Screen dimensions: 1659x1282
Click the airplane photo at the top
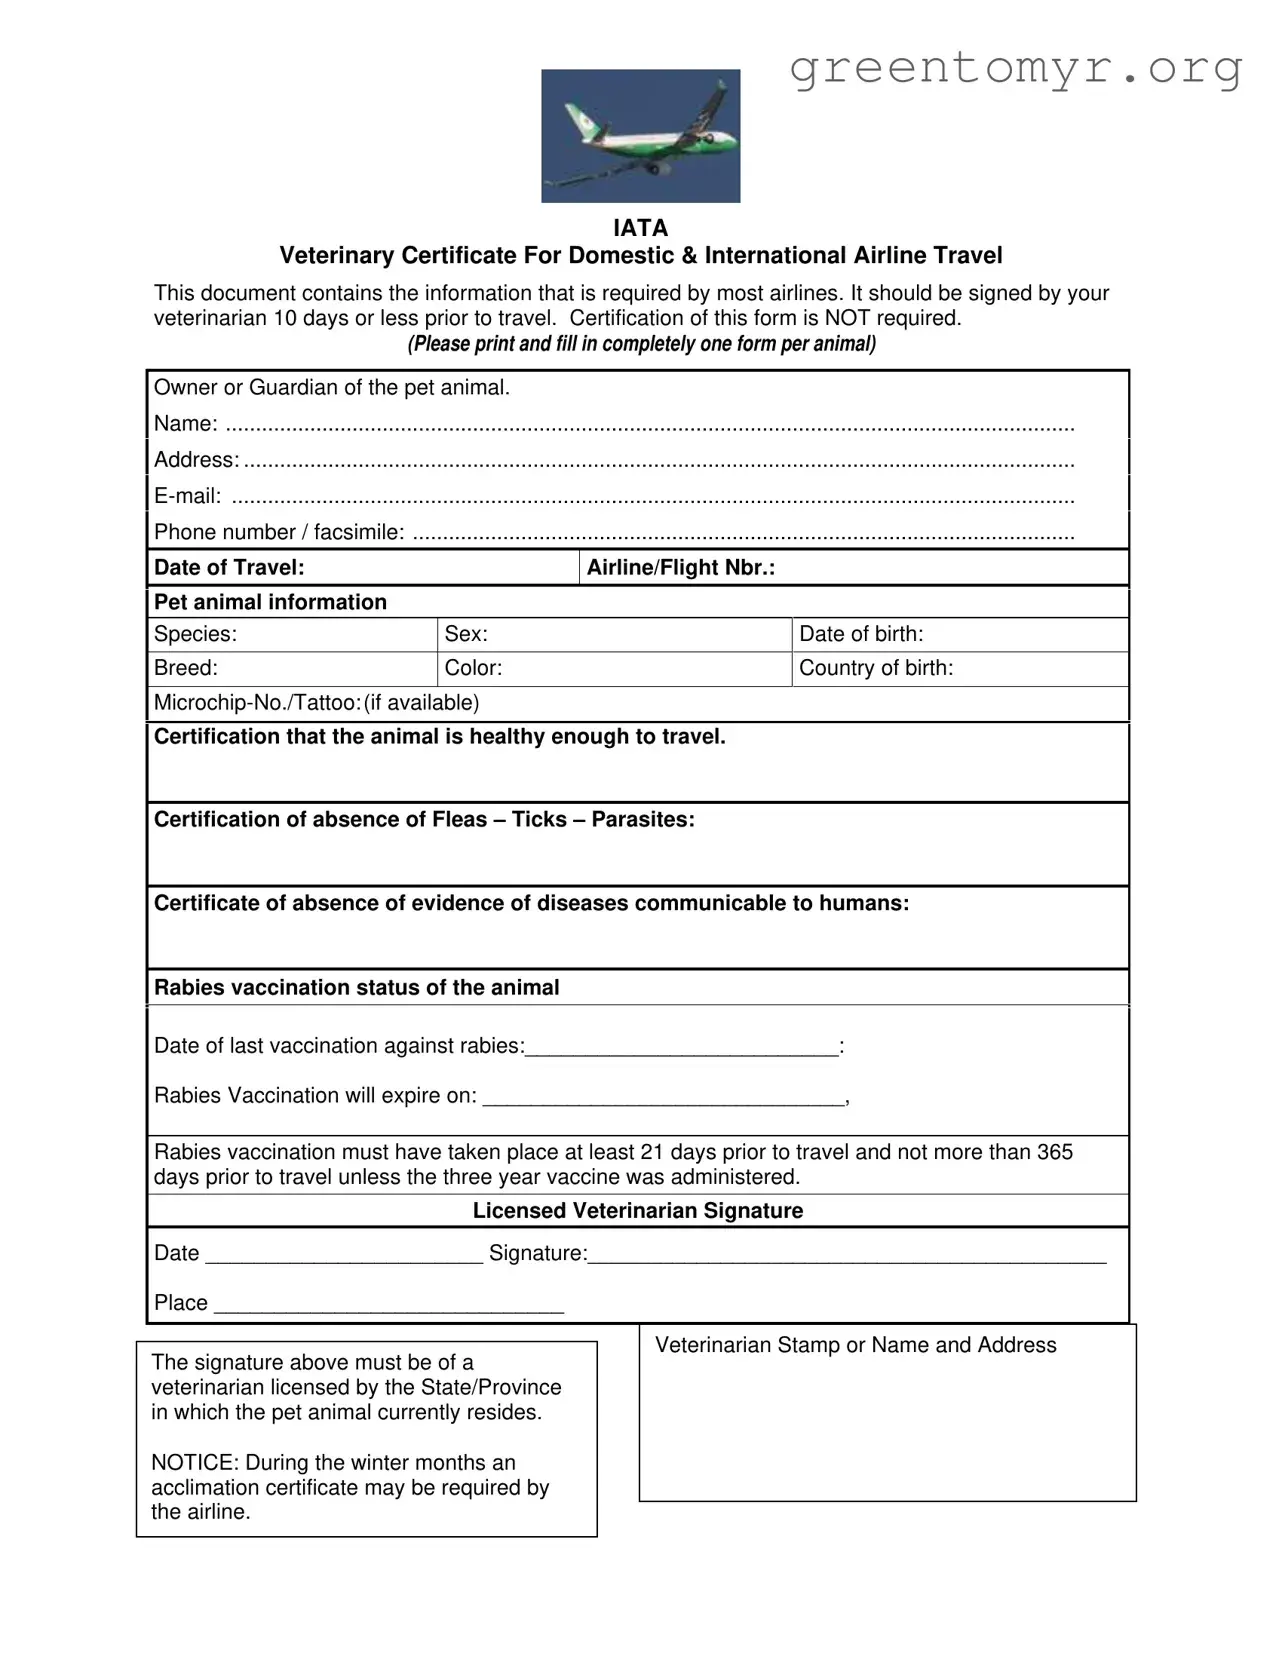(640, 136)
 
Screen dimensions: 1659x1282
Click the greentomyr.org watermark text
(1015, 68)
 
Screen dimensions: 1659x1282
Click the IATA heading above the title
(640, 228)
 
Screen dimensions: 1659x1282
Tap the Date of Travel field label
(229, 568)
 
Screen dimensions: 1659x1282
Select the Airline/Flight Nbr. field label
(680, 568)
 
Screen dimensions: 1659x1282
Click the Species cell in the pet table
(290, 635)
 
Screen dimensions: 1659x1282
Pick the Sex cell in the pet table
(613, 635)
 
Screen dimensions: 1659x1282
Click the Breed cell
(290, 669)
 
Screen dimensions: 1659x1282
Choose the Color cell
(613, 669)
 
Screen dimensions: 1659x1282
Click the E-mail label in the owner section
(188, 497)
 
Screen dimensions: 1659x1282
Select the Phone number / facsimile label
(279, 533)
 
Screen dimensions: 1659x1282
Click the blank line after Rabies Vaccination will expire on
(664, 1098)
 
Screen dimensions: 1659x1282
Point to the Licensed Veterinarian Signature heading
(638, 1211)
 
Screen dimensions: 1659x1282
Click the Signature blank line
(846, 1256)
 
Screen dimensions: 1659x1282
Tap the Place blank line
(389, 1305)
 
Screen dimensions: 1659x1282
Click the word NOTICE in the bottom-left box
(194, 1463)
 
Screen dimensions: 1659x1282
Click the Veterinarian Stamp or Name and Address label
(855, 1346)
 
